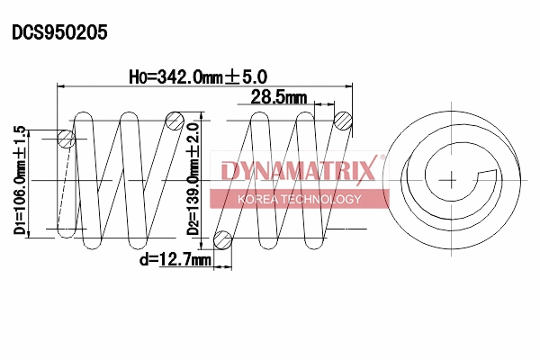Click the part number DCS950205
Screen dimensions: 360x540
click(59, 33)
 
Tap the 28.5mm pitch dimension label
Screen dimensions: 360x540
click(279, 97)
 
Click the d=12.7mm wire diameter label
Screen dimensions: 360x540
click(175, 260)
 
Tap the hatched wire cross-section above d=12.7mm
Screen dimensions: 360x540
click(223, 238)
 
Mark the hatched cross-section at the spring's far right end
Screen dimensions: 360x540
click(343, 120)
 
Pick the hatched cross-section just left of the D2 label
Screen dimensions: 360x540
click(175, 121)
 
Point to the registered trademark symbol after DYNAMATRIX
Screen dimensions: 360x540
click(382, 158)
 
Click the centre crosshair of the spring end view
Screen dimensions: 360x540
click(448, 179)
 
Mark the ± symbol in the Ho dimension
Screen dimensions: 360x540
click(234, 77)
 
